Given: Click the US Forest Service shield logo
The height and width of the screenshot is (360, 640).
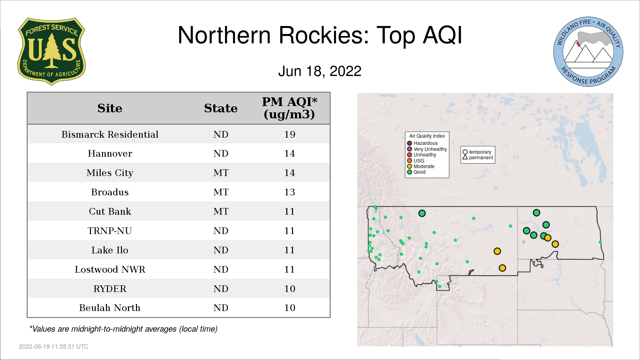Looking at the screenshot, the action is tap(51, 52).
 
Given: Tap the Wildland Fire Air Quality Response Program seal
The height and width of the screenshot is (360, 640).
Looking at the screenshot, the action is tap(588, 52).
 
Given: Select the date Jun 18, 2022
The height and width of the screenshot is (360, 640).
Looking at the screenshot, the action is tap(320, 71).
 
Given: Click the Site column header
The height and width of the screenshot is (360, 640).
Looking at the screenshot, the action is tap(110, 108).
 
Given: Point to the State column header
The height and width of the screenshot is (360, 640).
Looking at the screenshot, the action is tap(221, 108).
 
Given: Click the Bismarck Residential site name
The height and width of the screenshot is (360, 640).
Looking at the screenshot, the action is tap(110, 134).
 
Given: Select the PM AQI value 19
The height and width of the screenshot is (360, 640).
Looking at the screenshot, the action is tap(290, 134).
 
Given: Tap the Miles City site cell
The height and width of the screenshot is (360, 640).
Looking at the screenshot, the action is tap(110, 173).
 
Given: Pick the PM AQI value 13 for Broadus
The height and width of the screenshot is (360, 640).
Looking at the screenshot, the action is tap(290, 192).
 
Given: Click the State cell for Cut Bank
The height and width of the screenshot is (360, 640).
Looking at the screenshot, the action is tap(221, 211).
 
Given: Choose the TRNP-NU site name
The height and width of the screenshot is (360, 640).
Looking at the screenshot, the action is tap(110, 231).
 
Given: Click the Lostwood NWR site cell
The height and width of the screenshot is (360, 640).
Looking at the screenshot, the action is tap(110, 269).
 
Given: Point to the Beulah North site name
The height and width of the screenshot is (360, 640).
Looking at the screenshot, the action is tap(110, 308).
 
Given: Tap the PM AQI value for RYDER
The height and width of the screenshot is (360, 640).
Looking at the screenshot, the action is tap(290, 289).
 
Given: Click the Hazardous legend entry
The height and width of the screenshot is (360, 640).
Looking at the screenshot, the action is tap(422, 143).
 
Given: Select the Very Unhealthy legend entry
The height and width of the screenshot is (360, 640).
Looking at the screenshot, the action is tap(427, 149).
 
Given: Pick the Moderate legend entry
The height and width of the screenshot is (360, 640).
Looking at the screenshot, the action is tap(421, 166).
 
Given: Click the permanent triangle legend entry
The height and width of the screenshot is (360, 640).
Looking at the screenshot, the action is tap(478, 157).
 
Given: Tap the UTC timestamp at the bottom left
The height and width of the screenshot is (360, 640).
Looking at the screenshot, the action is tap(54, 347).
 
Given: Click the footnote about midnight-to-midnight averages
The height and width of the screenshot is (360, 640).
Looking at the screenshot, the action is tap(123, 329).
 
